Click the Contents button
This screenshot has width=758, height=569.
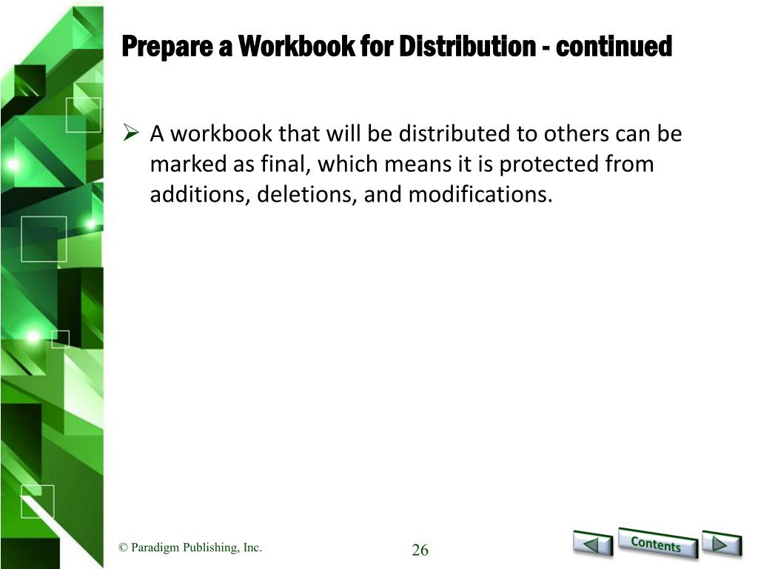point(657,543)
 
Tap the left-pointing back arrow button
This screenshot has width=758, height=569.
point(593,544)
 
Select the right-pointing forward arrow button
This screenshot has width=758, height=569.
point(721,544)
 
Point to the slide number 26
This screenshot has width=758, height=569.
point(420,550)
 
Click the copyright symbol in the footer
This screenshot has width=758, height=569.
point(123,548)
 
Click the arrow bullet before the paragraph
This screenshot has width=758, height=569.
point(131,132)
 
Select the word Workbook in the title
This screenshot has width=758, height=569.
point(296,46)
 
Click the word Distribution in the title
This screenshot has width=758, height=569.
point(467,46)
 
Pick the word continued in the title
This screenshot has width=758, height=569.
point(614,46)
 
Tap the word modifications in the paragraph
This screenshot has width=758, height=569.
point(480,195)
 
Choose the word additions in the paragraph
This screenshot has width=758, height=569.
point(200,195)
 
